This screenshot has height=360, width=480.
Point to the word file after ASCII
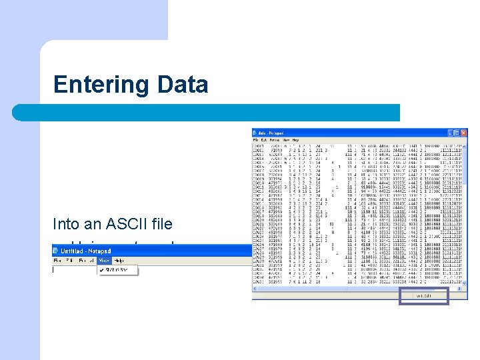[163, 224]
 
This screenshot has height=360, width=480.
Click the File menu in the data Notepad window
[255, 141]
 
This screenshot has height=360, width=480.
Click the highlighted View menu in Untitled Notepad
[104, 260]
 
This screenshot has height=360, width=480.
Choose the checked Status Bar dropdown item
[118, 269]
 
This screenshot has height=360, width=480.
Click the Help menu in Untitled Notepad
[119, 260]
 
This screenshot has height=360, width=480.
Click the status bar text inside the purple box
[423, 295]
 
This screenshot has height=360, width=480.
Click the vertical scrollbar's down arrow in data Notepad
[465, 283]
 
